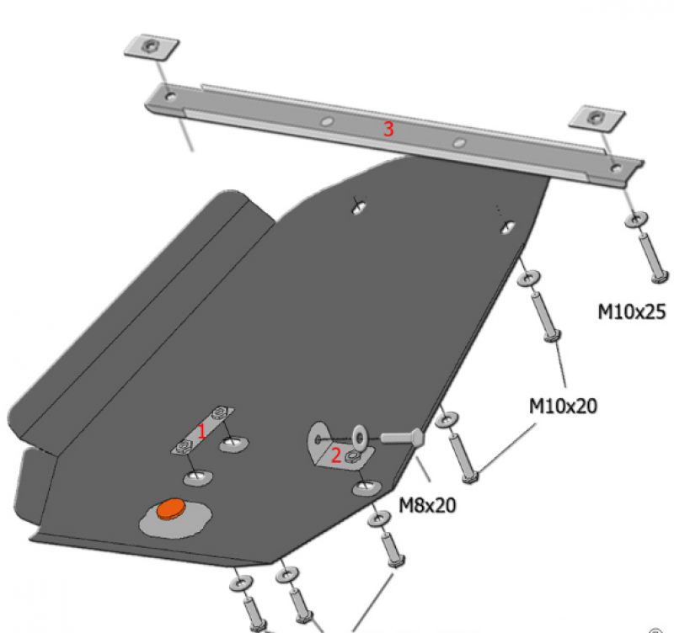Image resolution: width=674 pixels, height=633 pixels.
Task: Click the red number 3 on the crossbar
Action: (x=388, y=129)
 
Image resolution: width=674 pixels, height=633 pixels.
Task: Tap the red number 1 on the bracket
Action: (x=201, y=431)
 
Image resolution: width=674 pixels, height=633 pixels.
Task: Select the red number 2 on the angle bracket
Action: (x=335, y=455)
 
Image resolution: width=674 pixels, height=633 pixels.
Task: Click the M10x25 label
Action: (x=632, y=312)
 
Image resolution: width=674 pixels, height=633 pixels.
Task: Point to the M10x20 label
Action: (x=563, y=406)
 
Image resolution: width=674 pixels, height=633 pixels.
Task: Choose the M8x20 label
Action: (x=426, y=505)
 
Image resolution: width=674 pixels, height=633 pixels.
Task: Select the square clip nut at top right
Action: (x=596, y=117)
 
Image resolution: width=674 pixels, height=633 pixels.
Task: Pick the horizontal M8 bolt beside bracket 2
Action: (x=403, y=438)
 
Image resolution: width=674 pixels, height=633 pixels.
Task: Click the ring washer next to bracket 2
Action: (x=359, y=435)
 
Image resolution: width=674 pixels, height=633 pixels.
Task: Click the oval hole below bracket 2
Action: (x=365, y=487)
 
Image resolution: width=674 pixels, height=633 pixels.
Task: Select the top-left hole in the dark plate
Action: (x=359, y=206)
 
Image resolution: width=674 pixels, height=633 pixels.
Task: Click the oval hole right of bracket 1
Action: (x=233, y=442)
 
